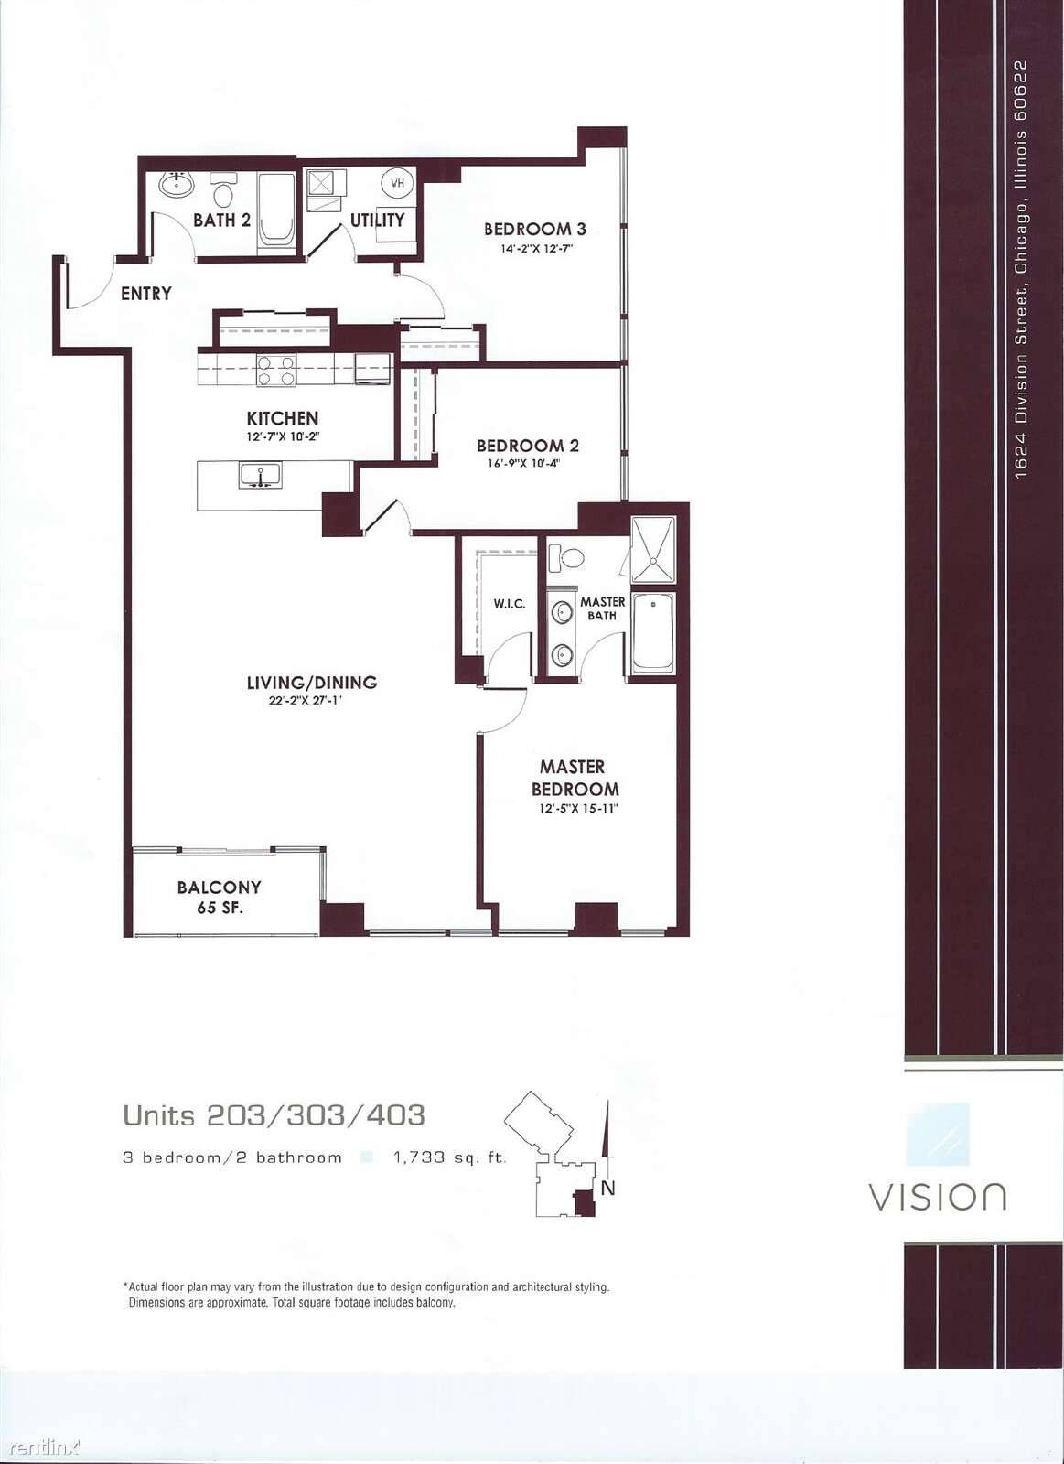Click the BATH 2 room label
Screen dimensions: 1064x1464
point(221,221)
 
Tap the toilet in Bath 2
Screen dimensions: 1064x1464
point(224,189)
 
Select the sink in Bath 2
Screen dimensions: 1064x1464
point(176,184)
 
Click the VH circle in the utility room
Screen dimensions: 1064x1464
point(397,183)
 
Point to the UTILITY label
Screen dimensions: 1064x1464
point(378,221)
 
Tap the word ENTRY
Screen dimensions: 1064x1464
point(146,294)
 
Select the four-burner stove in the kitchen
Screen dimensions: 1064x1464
point(276,371)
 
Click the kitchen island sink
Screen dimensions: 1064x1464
point(260,475)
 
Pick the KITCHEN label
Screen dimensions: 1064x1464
point(283,418)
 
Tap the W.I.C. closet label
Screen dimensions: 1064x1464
point(509,604)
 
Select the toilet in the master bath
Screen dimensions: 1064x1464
point(566,558)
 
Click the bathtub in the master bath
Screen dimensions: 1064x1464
point(653,632)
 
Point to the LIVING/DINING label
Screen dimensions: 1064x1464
point(312,683)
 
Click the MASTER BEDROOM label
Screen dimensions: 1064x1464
point(575,778)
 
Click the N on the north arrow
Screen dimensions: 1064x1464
point(607,1189)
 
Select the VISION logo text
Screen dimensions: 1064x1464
point(937,1196)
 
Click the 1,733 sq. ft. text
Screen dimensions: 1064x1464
point(449,1158)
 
